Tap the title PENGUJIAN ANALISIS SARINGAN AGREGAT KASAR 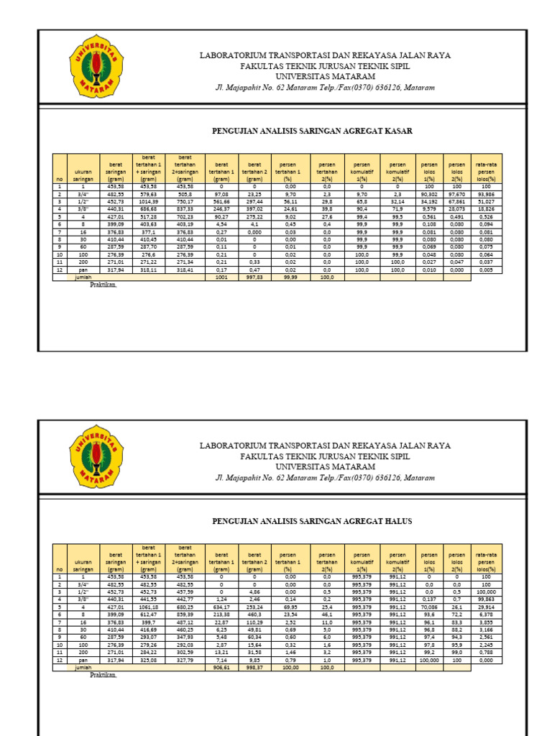coord(312,131)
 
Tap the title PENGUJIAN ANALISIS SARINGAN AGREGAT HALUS coord(312,521)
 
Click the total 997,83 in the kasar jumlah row coord(254,277)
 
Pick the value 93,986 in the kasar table coord(486,194)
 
